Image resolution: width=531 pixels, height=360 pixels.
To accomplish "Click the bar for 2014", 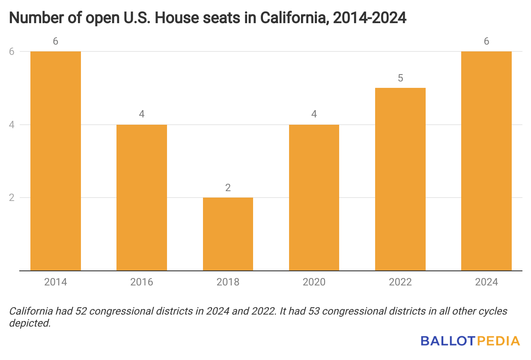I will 56,161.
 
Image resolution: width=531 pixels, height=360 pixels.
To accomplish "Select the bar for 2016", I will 142,198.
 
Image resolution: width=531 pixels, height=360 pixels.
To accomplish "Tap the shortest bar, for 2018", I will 228,234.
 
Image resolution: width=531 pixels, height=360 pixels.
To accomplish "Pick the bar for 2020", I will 314,198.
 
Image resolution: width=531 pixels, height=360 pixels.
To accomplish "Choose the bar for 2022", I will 400,179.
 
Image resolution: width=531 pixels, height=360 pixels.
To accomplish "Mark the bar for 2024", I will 486,161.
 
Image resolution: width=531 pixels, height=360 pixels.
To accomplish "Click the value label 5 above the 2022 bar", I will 400,78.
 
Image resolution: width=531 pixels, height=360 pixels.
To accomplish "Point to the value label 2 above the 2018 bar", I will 228,188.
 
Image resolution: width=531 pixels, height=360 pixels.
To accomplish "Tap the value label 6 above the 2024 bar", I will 486,42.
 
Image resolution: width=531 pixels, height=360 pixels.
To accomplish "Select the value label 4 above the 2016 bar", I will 142,115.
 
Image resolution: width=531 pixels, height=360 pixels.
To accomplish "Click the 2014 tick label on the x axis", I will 56,282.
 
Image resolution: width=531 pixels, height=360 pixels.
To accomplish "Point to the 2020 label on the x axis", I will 314,282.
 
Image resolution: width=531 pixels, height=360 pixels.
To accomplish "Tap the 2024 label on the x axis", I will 486,282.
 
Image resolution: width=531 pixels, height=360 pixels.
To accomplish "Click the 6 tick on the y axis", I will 12,51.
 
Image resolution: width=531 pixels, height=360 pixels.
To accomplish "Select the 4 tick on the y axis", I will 12,125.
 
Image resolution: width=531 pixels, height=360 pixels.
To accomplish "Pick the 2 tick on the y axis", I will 12,198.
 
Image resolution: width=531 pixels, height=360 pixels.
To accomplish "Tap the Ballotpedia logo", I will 470,341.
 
